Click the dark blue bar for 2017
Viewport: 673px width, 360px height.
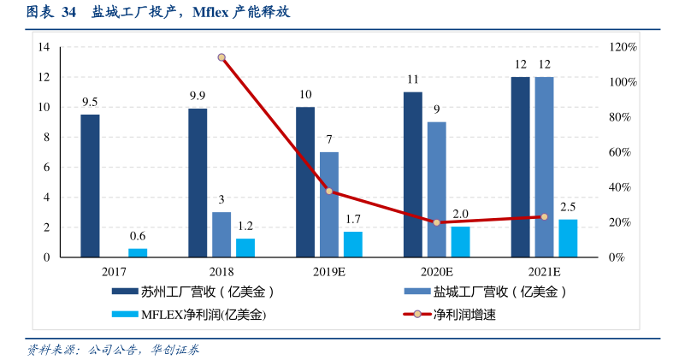coord(90,186)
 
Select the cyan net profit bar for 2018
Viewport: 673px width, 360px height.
coord(245,248)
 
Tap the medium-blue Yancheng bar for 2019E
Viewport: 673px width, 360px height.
coord(329,204)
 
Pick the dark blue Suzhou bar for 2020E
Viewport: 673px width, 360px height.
coord(413,174)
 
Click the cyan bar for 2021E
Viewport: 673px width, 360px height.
coord(568,239)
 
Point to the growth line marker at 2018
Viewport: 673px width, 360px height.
coord(221,57)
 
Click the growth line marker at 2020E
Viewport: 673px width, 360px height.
coord(437,222)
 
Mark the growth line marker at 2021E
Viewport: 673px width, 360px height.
coord(544,217)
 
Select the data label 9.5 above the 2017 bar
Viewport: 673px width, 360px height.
coord(90,102)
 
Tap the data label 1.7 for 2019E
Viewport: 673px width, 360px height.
coord(353,220)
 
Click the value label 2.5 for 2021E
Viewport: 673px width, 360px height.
coord(568,207)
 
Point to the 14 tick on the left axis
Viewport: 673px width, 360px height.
coord(43,47)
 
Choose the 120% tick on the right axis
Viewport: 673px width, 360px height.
coord(623,47)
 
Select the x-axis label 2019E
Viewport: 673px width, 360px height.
coord(329,272)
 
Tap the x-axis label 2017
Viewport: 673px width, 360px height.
coord(114,272)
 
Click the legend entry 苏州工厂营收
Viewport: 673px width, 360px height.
coord(188,292)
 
